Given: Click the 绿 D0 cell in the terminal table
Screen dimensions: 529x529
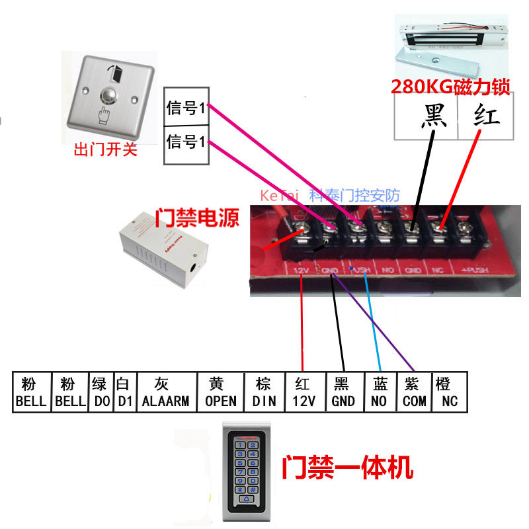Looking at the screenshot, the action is coord(101,392).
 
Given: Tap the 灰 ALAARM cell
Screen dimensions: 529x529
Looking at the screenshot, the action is coord(165,392).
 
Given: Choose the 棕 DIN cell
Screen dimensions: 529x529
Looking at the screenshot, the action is coord(264,392).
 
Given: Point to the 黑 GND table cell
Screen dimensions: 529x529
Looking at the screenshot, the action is coord(344,392).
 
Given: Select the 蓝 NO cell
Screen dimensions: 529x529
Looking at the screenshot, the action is coord(380,392).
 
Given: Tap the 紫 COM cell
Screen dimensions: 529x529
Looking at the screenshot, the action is coord(415,392).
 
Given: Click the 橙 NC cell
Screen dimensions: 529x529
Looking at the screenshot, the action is coord(450,392).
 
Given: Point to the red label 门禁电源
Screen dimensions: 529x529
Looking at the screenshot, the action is coord(197,218).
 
